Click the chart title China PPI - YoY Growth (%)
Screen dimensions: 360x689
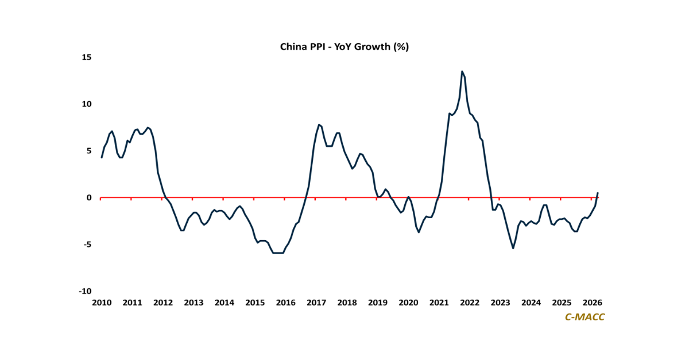(x=344, y=47)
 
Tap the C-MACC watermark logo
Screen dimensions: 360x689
(x=585, y=317)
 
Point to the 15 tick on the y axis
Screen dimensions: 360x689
(x=87, y=57)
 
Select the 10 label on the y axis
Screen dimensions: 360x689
(x=87, y=104)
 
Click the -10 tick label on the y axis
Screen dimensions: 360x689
(x=85, y=291)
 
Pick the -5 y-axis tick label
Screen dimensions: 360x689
(x=87, y=245)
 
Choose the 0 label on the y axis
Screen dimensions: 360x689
(x=89, y=198)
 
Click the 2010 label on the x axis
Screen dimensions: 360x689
(x=102, y=303)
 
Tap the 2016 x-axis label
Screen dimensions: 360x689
(x=285, y=303)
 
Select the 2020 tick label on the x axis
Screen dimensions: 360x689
(x=408, y=303)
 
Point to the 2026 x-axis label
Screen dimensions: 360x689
(x=592, y=303)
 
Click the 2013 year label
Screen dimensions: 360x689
(x=193, y=303)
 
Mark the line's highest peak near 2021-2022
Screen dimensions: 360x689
(x=462, y=72)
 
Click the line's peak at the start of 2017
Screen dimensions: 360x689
(x=319, y=125)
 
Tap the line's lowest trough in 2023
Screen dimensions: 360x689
(x=513, y=248)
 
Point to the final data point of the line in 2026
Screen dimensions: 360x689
(x=598, y=193)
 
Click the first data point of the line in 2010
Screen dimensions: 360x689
(x=102, y=157)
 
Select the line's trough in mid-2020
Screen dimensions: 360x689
(x=419, y=232)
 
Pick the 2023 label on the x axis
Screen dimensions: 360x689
(x=500, y=303)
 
